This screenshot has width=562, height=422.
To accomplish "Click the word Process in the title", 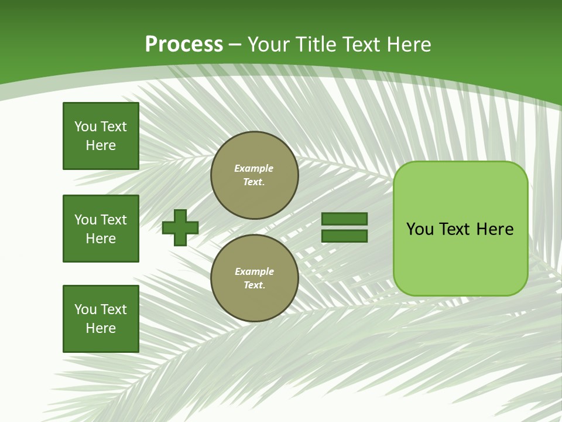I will click(x=184, y=45).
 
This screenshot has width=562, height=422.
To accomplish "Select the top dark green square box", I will click(x=101, y=136).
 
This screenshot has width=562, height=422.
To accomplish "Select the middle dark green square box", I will click(x=101, y=229).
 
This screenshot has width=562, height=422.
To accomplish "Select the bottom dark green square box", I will click(x=101, y=319).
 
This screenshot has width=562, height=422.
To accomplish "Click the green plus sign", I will click(x=180, y=227).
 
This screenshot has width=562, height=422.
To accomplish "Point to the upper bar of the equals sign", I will click(x=344, y=219).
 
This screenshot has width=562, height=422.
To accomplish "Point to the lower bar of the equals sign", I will click(x=344, y=236).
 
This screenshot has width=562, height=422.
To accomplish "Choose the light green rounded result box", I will click(x=460, y=264).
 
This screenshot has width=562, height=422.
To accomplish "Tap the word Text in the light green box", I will click(x=455, y=229).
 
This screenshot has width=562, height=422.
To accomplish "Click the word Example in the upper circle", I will click(x=253, y=168).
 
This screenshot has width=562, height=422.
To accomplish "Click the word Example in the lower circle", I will click(x=253, y=271).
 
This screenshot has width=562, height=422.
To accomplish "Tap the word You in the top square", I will click(x=85, y=127).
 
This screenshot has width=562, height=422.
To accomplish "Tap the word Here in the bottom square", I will click(x=101, y=328).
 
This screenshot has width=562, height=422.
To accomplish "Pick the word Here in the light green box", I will click(x=495, y=229).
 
